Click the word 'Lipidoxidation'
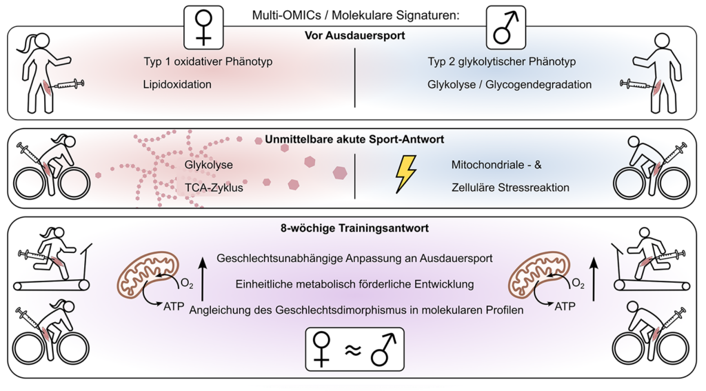point(178,84)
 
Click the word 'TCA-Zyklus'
point(214,186)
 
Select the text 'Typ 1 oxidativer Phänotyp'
point(208,62)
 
